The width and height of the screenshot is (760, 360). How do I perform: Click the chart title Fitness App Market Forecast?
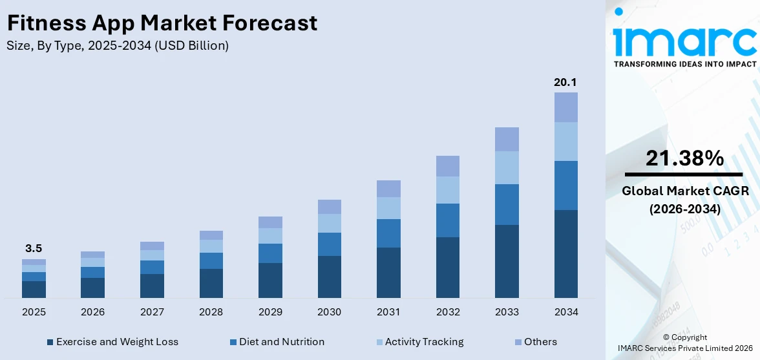[162, 23]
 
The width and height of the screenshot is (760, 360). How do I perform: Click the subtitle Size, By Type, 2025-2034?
[117, 46]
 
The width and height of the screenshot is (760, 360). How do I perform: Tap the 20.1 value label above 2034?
[565, 82]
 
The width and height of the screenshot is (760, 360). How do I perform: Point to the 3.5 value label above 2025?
[34, 248]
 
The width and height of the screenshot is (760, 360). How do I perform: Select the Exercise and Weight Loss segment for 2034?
[565, 253]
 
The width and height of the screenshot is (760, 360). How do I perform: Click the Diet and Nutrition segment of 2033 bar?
[507, 204]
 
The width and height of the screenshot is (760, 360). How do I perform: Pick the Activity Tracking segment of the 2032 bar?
[447, 190]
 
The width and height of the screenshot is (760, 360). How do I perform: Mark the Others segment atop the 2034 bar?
[565, 107]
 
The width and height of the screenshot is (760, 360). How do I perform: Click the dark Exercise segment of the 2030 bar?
[329, 277]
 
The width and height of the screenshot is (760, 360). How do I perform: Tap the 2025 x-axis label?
[34, 312]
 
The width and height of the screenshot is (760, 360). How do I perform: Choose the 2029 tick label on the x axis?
[270, 312]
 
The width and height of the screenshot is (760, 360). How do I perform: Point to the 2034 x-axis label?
[565, 312]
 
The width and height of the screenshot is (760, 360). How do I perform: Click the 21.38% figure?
[684, 158]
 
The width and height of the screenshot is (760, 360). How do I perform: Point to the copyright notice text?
[684, 343]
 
